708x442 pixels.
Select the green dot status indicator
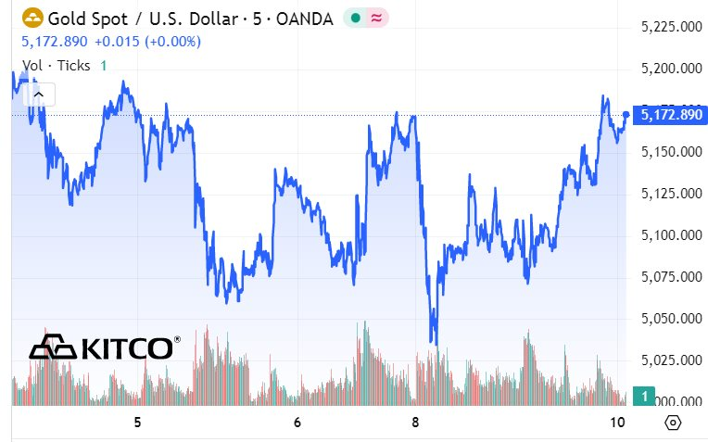[355, 18]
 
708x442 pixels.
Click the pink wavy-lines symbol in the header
[376, 18]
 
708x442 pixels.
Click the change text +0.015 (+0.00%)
[147, 42]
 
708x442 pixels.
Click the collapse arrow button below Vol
[39, 93]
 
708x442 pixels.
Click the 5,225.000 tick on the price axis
[670, 27]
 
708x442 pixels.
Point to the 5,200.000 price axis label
[670, 69]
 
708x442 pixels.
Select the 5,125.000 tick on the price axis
[670, 193]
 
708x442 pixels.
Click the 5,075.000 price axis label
[670, 276]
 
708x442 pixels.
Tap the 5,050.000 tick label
[670, 318]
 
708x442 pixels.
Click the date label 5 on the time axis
[137, 423]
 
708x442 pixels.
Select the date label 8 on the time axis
[415, 423]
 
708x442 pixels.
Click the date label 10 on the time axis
[617, 423]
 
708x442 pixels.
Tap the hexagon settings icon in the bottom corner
[673, 423]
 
